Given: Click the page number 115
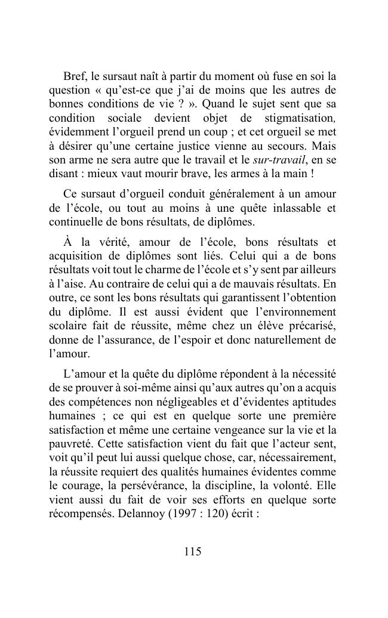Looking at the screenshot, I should (193, 552).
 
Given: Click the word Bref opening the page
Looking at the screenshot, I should (74, 77).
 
